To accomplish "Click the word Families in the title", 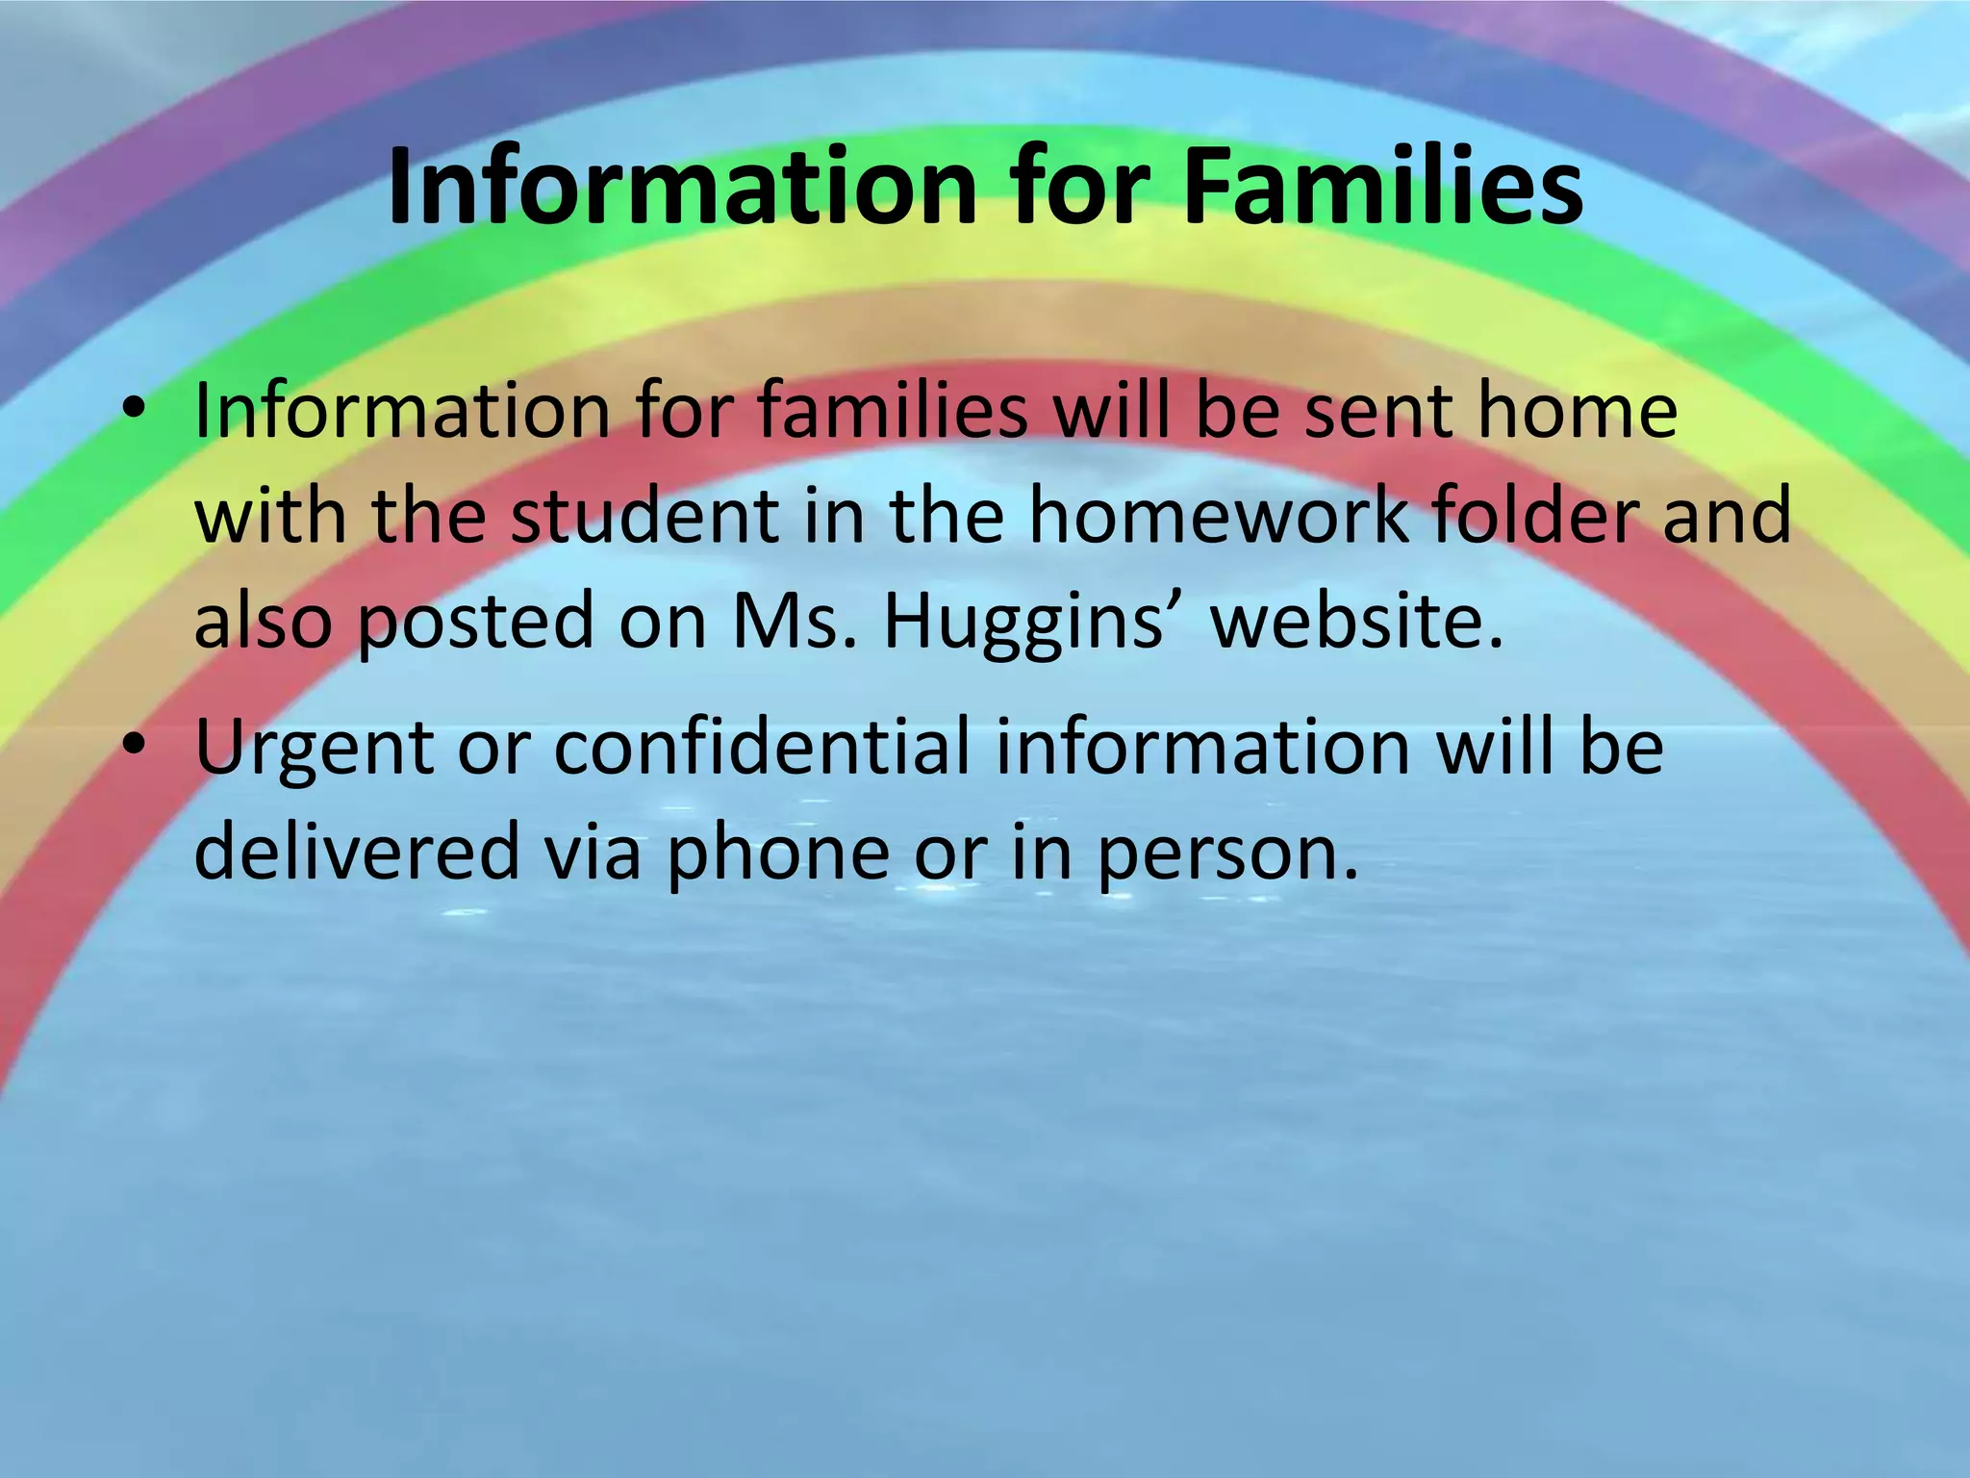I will tap(1382, 187).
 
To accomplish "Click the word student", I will tap(644, 517).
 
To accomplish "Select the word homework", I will tap(1219, 517).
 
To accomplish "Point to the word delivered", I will tap(357, 851).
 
